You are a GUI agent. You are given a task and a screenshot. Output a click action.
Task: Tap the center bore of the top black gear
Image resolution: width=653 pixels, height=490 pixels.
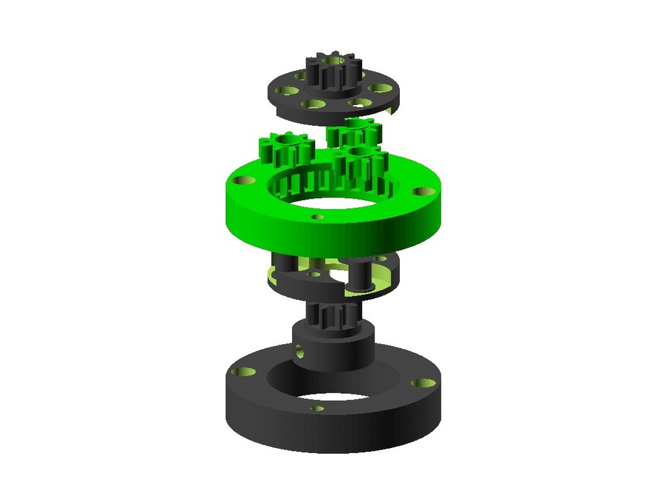(x=335, y=61)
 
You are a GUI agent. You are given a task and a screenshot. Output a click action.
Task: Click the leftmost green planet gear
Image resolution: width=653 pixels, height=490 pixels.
(x=284, y=152)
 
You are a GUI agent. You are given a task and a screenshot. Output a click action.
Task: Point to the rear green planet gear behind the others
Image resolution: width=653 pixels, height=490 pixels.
(x=354, y=133)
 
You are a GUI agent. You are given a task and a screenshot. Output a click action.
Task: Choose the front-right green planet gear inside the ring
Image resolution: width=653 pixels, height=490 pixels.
(x=362, y=164)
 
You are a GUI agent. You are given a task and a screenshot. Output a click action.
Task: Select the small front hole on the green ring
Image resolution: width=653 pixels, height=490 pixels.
(x=318, y=217)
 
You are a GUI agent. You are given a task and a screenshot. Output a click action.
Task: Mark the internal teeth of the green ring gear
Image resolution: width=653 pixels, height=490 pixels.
(x=300, y=185)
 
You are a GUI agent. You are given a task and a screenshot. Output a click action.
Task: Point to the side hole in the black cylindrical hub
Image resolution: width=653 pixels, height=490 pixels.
(x=299, y=350)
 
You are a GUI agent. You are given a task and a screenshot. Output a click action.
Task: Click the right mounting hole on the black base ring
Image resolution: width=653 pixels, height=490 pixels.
(x=422, y=383)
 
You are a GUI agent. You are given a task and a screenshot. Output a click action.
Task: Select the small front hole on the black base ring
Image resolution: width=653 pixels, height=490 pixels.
(x=317, y=408)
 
